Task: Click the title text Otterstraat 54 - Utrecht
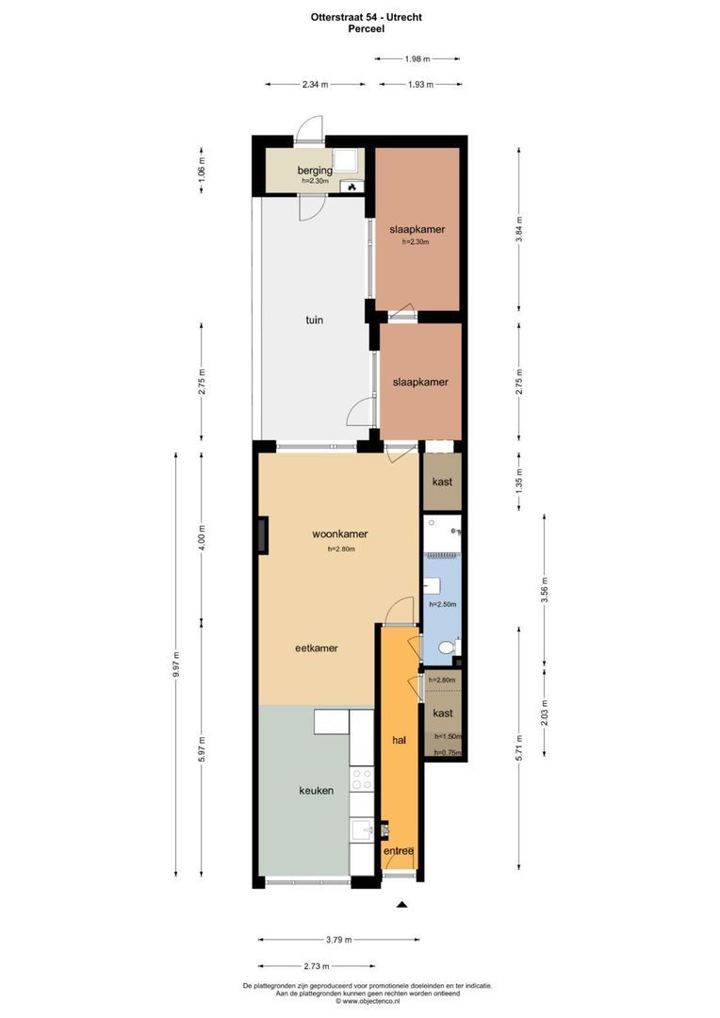(360, 17)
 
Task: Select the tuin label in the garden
(314, 320)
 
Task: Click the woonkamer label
(340, 534)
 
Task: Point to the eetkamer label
(317, 649)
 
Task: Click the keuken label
(317, 791)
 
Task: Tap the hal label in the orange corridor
(399, 741)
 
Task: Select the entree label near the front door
(399, 851)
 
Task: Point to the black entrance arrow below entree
(401, 905)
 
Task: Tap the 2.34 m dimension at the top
(315, 85)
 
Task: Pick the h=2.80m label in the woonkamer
(340, 550)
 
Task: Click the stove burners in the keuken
(362, 780)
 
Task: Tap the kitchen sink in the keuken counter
(362, 829)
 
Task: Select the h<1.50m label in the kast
(447, 736)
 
